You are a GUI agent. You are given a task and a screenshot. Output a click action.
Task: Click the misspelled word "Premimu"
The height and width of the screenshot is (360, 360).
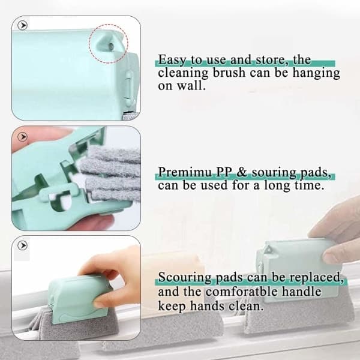click(x=185, y=173)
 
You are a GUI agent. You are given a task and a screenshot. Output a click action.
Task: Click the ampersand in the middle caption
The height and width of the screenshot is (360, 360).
click(x=241, y=172)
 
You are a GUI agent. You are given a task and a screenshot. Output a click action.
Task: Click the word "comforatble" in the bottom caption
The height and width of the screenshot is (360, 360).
click(x=242, y=292)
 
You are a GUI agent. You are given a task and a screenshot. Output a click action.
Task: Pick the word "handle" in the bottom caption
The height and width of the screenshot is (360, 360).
click(x=301, y=292)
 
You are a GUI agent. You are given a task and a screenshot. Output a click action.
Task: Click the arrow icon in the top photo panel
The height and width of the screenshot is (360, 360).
click(x=23, y=25)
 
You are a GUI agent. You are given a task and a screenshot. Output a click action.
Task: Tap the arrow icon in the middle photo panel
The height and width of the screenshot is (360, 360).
click(x=23, y=137)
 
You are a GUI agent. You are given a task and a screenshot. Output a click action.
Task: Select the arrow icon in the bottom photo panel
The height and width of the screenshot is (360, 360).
click(x=23, y=245)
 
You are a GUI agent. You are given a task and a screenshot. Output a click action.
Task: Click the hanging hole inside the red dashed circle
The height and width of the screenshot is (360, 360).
click(x=111, y=46)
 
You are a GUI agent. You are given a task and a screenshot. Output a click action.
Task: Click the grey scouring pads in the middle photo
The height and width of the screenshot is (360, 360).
click(x=110, y=175)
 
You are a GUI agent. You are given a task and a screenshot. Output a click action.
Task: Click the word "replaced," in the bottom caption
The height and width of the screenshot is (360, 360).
click(x=316, y=277)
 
